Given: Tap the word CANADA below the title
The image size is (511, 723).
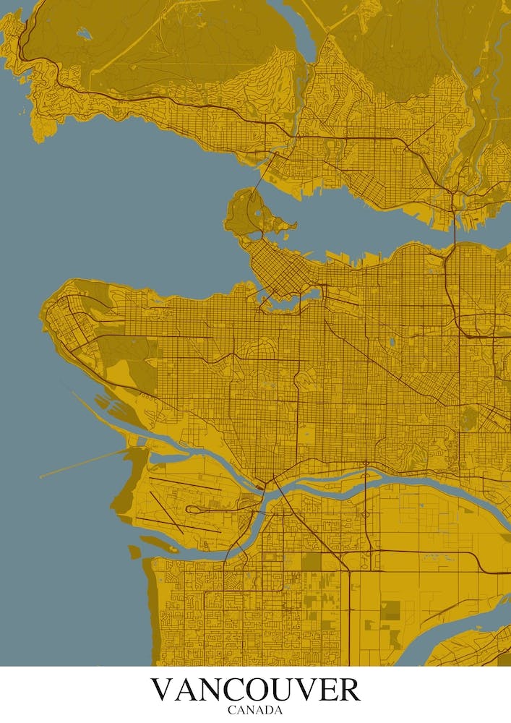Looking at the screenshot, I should coord(255,710).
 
